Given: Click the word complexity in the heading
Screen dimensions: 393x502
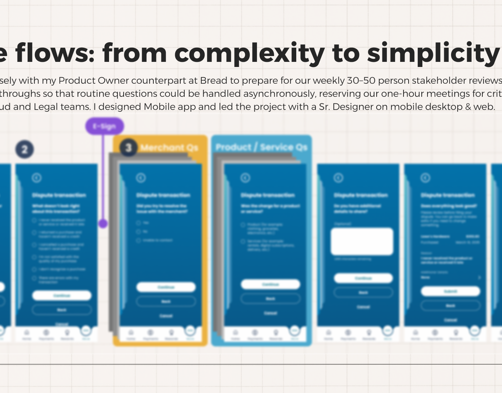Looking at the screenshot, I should coord(249,53).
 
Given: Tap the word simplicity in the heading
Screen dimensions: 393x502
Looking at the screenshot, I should coord(433,53).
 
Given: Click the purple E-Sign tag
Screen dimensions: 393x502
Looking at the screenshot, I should coord(105,126).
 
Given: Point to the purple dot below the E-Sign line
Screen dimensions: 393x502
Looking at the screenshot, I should coord(103,223).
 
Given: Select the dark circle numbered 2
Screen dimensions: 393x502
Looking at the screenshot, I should coord(25,150).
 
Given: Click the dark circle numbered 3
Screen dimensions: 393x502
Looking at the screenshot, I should coord(128,148).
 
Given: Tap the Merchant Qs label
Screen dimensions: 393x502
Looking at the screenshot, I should coord(169,148).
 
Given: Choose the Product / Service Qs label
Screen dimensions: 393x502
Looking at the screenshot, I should coord(261,147).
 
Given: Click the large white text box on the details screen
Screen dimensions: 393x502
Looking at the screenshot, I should coord(362,242).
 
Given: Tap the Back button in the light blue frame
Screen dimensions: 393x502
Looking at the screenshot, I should coord(270,299).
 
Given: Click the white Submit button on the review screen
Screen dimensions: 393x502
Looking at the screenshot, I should coord(450,291).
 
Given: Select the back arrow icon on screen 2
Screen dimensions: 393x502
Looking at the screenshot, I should coord(37,178).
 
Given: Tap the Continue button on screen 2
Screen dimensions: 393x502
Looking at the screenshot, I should coord(62,295).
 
